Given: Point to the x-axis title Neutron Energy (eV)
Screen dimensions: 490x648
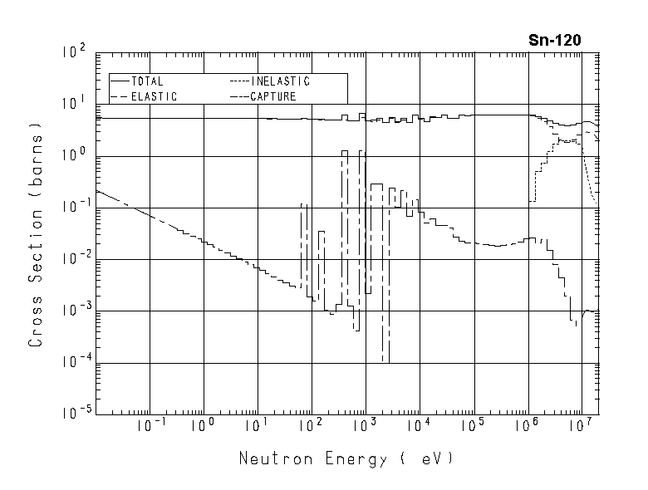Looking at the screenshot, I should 346,458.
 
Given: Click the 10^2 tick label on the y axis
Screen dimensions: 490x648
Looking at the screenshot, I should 74,53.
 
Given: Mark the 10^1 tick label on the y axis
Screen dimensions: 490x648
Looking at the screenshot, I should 74,105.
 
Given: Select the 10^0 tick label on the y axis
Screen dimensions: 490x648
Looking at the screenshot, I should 74,156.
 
